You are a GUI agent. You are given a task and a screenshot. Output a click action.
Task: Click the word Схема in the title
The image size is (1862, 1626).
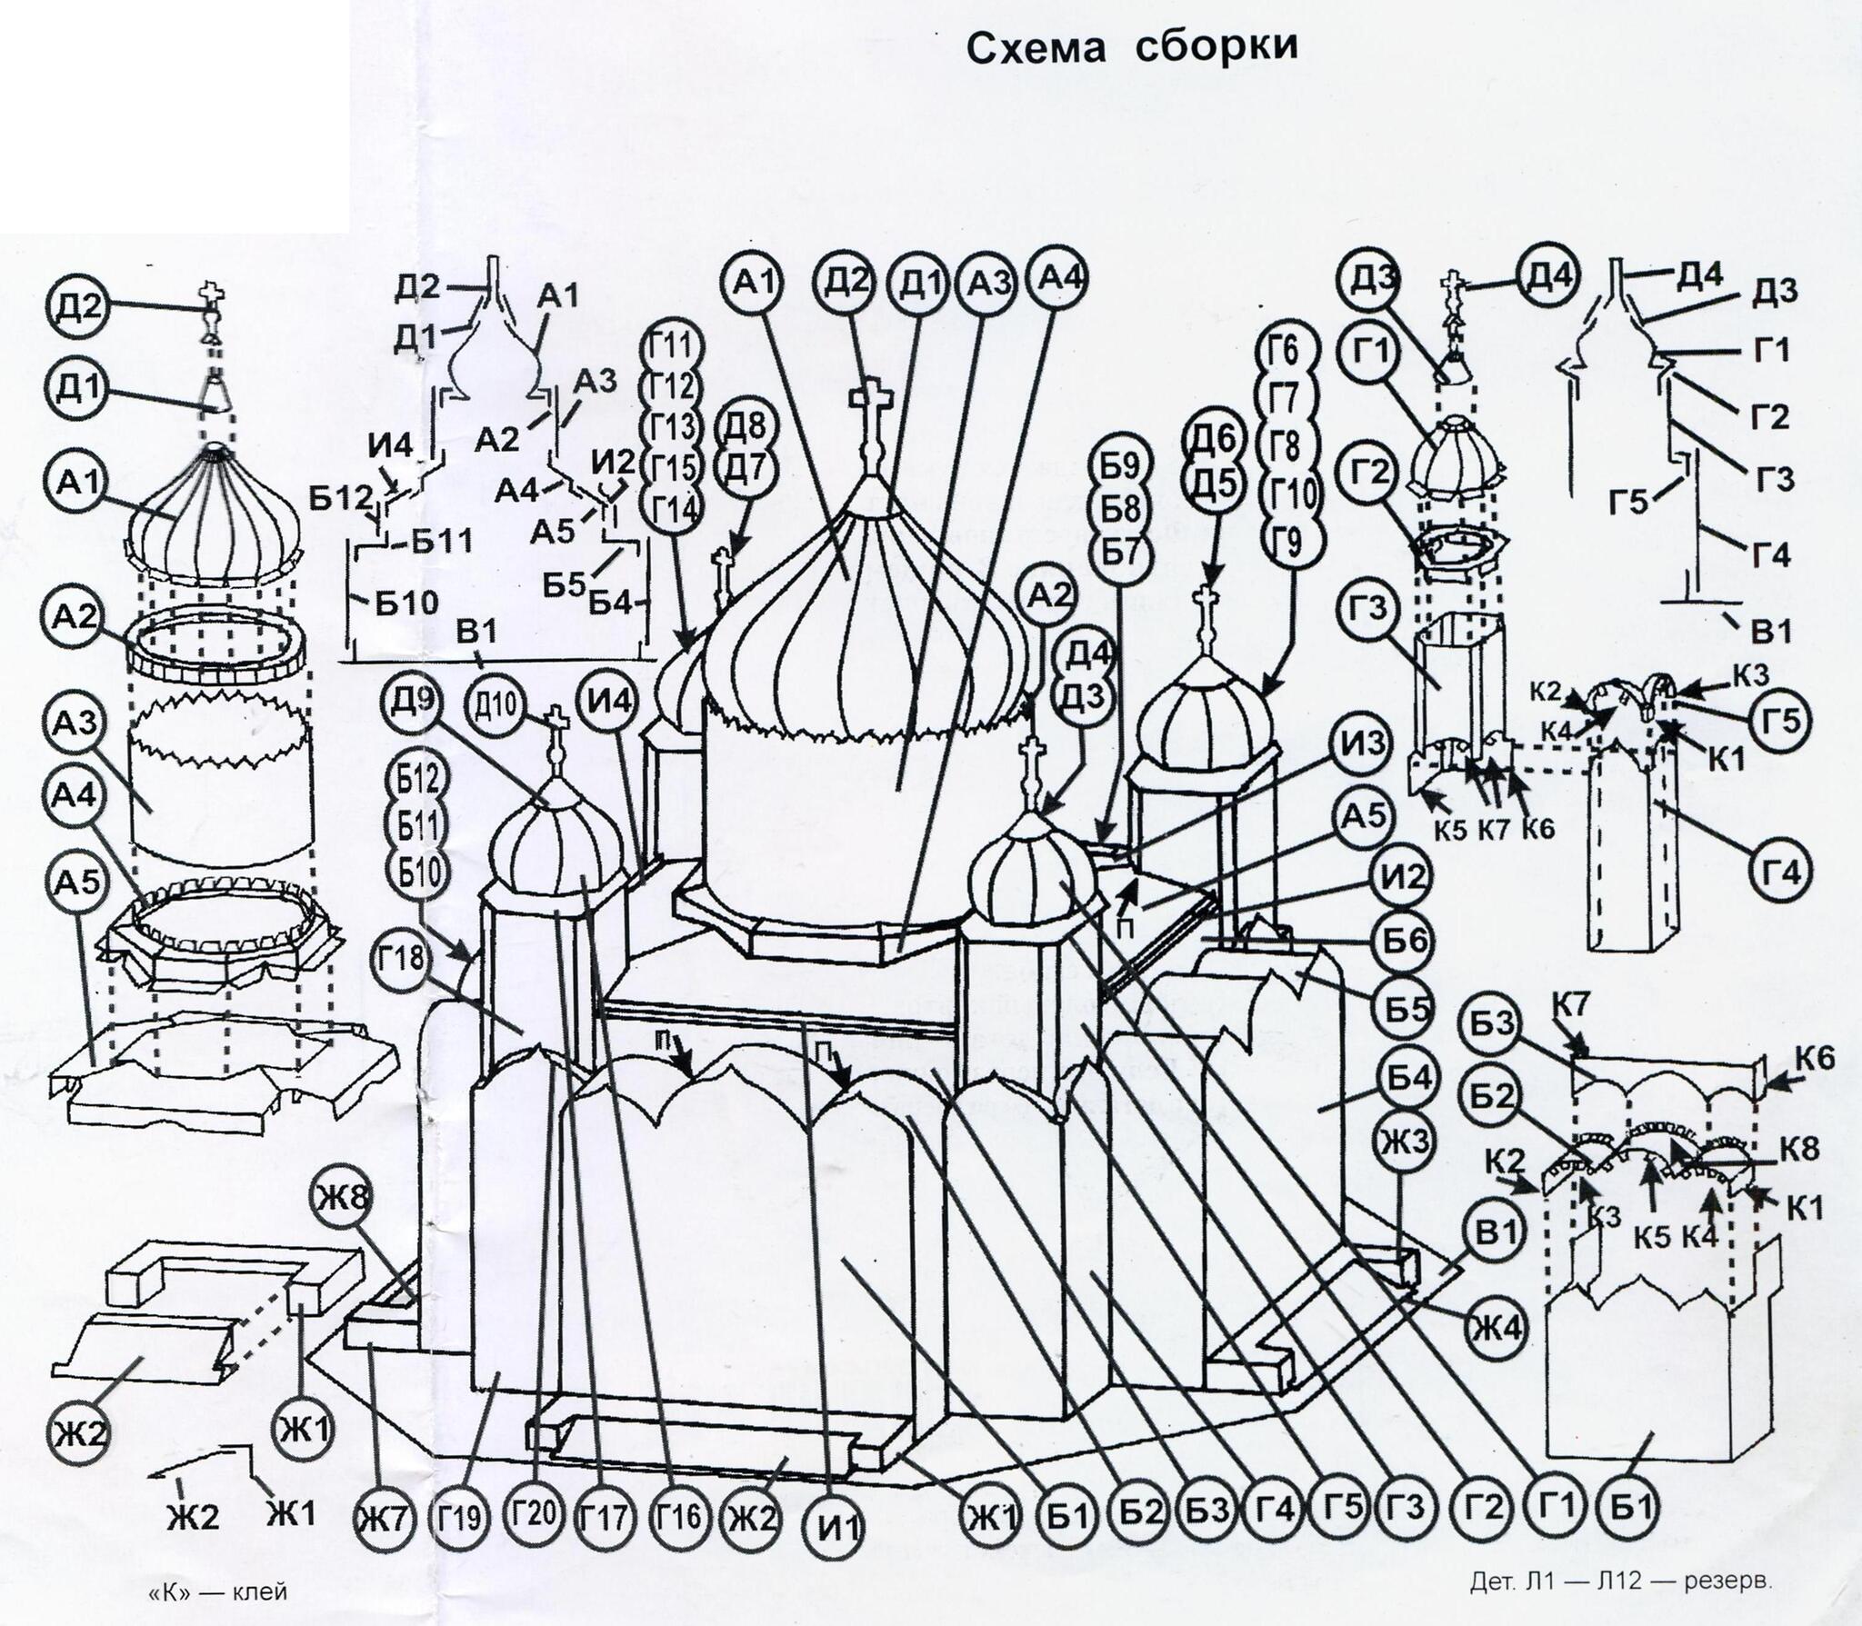point(1036,48)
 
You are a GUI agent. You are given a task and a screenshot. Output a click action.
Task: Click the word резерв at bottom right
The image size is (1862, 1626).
point(1727,1581)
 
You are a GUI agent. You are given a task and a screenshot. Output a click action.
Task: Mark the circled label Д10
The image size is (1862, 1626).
point(495,704)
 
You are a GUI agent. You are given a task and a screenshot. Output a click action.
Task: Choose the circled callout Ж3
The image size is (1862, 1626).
point(1406,1141)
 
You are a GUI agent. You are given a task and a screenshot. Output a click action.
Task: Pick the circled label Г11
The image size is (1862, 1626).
point(673,346)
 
